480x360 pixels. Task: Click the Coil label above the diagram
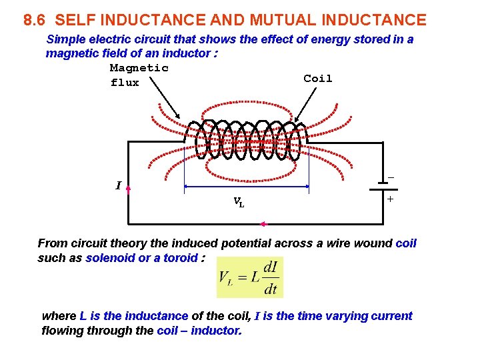point(317,79)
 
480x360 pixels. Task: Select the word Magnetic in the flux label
point(139,68)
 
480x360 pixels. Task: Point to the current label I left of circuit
point(118,186)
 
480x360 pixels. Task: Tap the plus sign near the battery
point(390,199)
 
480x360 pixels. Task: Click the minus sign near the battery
point(391,177)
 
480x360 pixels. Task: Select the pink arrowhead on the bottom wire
point(263,224)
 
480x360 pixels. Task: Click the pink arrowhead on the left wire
point(128,189)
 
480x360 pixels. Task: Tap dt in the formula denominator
point(270,289)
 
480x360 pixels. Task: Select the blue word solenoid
point(110,258)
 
